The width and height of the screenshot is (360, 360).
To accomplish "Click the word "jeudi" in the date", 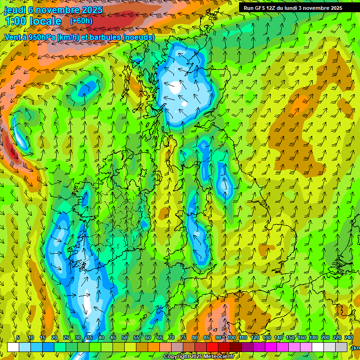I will pyautogui.click(x=15, y=10).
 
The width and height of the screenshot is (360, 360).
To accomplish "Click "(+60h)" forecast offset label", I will pyautogui.click(x=81, y=21).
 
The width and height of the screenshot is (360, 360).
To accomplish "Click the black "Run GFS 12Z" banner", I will pyautogui.click(x=292, y=8).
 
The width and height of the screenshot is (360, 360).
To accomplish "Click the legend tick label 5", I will pyautogui.click(x=18, y=337).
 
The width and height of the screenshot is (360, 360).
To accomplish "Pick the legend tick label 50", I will pyautogui.click(x=125, y=337).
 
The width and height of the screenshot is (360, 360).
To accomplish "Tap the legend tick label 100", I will pyautogui.click(x=232, y=337).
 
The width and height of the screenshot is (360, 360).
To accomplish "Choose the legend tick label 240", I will pyautogui.click(x=349, y=337).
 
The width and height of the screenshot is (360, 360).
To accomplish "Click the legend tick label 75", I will pyautogui.click(x=183, y=337).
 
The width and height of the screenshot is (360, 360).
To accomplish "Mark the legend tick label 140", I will pyautogui.click(x=278, y=337).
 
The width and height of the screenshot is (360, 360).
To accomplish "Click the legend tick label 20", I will pyautogui.click(x=54, y=337).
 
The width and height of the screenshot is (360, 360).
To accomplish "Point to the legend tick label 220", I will pyautogui.click(x=337, y=337).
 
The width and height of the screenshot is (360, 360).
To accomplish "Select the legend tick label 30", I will pyautogui.click(x=78, y=337).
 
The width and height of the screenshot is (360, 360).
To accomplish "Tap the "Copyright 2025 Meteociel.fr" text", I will pyautogui.click(x=199, y=357).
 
